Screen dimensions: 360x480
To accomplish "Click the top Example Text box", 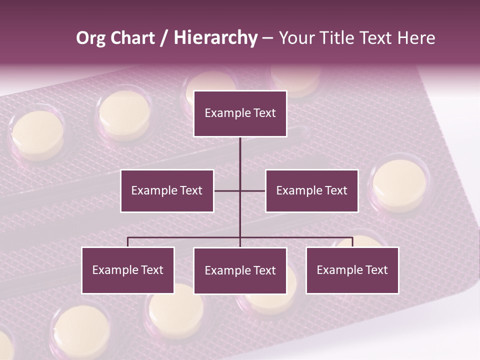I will [240, 113].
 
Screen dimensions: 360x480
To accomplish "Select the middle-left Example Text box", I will [167, 191].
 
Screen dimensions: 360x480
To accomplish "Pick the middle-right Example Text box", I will [311, 191].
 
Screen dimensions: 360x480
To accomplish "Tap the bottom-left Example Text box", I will [128, 270].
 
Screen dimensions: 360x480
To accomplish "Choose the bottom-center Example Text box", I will [240, 271].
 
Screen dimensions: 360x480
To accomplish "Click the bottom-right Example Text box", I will [352, 270].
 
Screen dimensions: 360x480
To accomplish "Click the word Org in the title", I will [90, 38].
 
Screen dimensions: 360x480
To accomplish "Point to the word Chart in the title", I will [132, 38].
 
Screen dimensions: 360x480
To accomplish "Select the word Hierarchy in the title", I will [215, 38].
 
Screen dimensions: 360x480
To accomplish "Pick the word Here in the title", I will [416, 38].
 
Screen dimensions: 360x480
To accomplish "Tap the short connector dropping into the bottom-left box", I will [128, 242].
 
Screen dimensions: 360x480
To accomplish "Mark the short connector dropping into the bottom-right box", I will [352, 242].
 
